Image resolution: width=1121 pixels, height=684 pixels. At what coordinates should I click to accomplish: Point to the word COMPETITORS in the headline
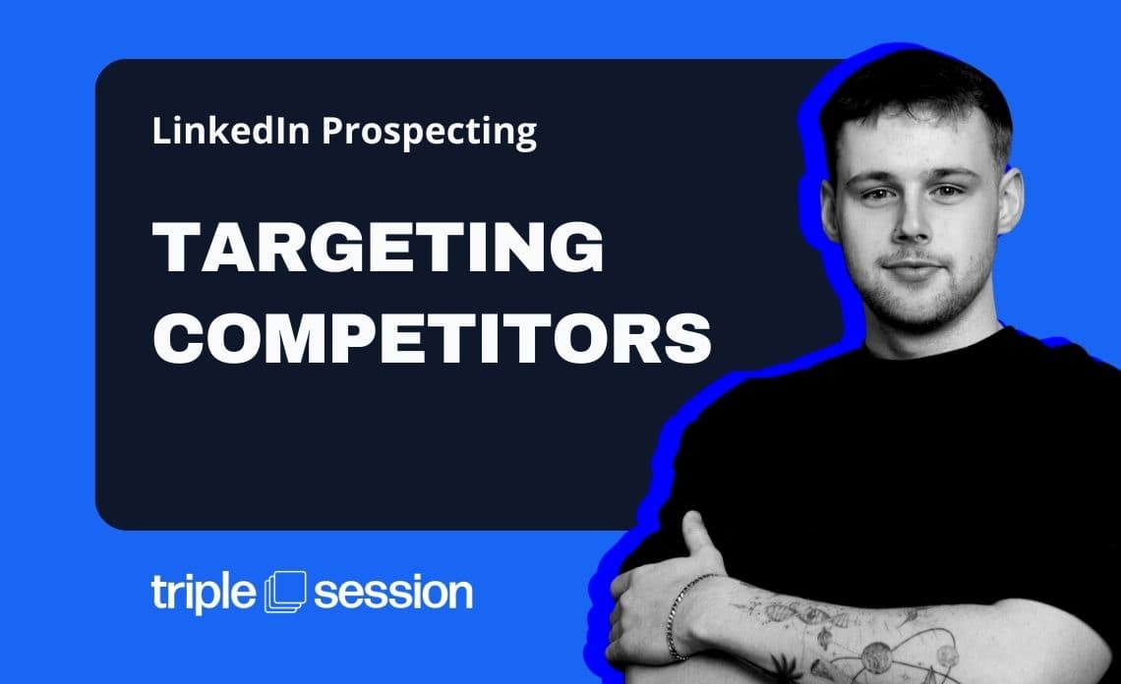[432, 336]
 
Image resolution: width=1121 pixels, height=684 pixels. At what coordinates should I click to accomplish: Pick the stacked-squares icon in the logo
[286, 592]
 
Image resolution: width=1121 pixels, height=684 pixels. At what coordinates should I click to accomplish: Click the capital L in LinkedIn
[158, 131]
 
